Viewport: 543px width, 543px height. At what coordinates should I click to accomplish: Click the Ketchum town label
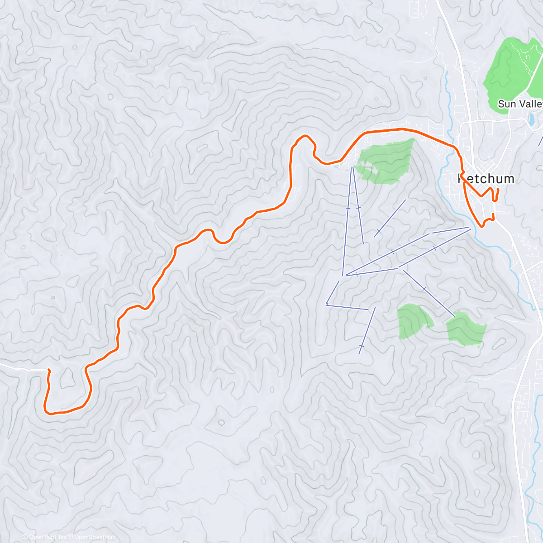486,179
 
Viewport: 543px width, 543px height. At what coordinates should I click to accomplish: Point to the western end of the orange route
48,371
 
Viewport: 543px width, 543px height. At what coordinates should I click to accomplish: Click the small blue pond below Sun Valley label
531,119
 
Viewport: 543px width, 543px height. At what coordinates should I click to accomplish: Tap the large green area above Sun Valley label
511,68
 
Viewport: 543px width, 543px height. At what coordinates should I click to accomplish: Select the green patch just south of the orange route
387,161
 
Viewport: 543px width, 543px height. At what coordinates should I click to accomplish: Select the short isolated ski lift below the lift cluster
367,330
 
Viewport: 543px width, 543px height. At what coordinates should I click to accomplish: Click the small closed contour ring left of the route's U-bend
221,423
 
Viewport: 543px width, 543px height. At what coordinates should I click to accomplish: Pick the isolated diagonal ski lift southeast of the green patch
389,218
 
